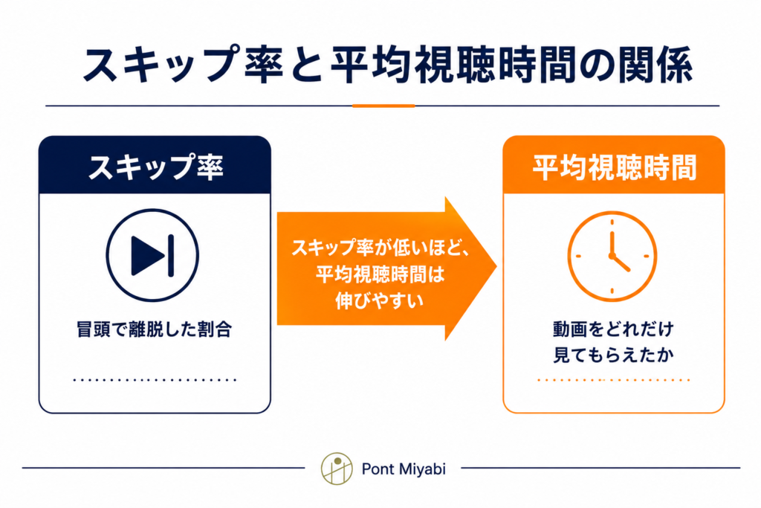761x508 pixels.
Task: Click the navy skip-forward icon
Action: coord(152,255)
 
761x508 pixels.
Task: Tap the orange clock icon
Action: coord(612,256)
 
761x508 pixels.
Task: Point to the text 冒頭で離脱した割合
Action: coord(155,329)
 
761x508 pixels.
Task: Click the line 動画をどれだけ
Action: coord(613,329)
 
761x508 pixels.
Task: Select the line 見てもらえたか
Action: coord(613,355)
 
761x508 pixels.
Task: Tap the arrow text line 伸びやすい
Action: coord(379,300)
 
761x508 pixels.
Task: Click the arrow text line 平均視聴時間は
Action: coord(380,274)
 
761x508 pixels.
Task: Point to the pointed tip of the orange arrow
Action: coord(496,266)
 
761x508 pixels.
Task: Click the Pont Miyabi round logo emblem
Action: coord(337,469)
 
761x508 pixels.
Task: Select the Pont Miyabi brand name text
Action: coord(404,469)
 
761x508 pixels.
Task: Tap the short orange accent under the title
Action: coord(383,106)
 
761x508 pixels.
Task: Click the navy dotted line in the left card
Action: coord(155,380)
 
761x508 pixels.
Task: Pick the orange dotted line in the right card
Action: coord(613,380)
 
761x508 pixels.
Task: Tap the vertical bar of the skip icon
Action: coord(171,255)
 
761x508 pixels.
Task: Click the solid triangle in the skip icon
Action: coord(148,255)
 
